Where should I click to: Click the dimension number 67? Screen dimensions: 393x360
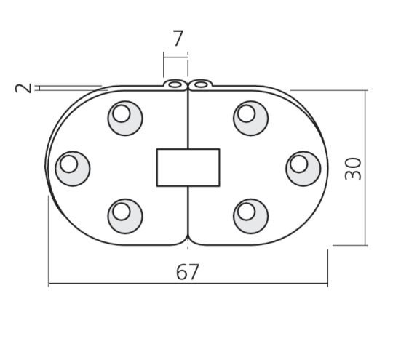(x=188, y=272)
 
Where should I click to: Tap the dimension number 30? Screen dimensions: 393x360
(x=353, y=169)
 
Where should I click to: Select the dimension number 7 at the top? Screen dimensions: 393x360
(x=178, y=38)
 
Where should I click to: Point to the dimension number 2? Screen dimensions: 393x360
(x=23, y=88)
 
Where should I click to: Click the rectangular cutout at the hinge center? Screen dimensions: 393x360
(x=188, y=167)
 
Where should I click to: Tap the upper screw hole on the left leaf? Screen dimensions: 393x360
(x=125, y=119)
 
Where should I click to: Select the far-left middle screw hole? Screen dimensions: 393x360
(x=73, y=169)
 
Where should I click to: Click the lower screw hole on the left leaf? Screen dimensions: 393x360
(x=125, y=216)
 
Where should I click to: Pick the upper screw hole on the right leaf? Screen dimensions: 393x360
(x=250, y=119)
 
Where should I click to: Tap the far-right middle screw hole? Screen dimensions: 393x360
(x=303, y=169)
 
